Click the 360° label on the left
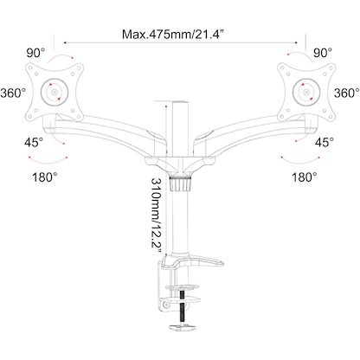[16, 93]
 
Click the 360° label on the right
[345, 93]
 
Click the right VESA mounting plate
[303, 91]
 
